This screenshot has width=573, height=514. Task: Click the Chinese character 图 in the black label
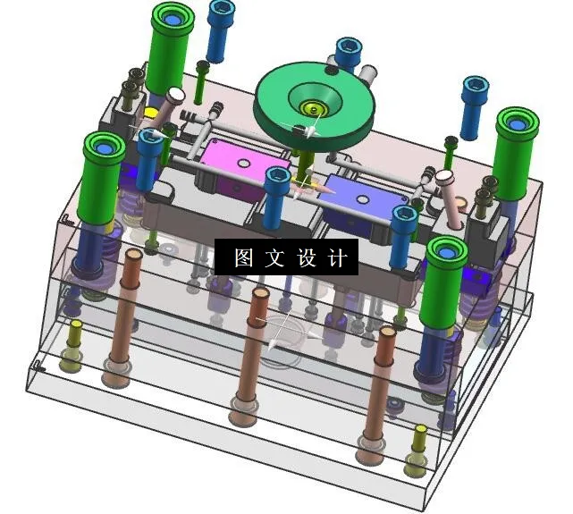242,258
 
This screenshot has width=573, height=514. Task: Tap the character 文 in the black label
273,258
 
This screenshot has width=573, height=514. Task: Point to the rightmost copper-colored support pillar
382,384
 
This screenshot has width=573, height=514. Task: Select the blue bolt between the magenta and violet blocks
277,188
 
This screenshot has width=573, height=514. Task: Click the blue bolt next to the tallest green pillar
220,27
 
